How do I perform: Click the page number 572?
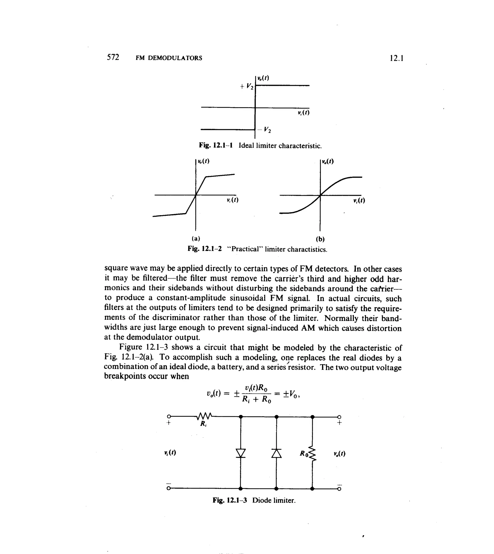[x=113, y=57]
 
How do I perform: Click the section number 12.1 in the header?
[x=396, y=58]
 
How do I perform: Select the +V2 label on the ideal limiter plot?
[x=247, y=86]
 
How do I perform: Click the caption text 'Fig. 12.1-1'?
[x=216, y=145]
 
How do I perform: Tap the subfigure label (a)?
[x=196, y=238]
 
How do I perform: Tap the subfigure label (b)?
[x=320, y=239]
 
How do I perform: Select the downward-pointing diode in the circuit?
[x=240, y=453]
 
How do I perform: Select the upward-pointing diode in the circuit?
[x=276, y=453]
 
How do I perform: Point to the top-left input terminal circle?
[x=169, y=416]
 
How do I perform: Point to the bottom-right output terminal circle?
[x=339, y=489]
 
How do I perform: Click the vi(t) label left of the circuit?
[x=170, y=453]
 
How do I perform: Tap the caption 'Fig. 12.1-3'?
[x=230, y=500]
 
